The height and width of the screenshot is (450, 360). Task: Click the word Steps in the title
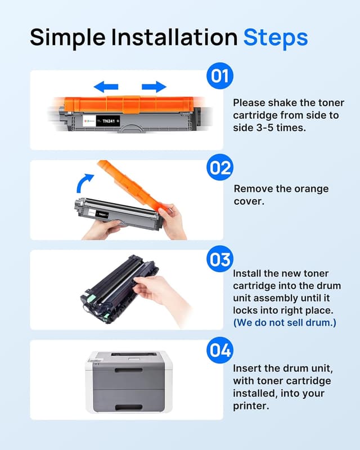[275, 37]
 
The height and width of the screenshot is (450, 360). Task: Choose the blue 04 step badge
[220, 351]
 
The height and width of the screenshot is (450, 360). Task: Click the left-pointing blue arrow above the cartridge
[106, 87]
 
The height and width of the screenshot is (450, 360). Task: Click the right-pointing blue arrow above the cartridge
[154, 87]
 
